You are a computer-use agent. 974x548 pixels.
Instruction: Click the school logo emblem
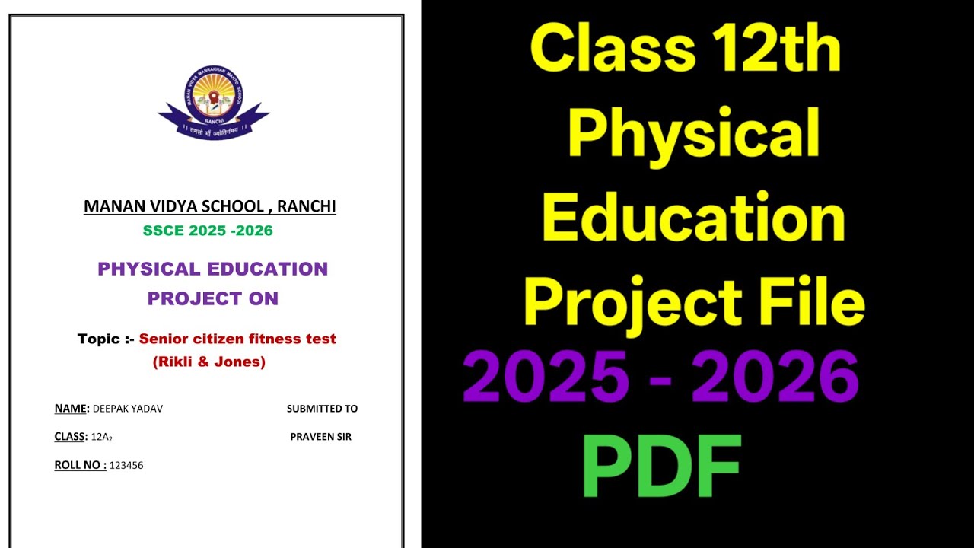[x=213, y=103]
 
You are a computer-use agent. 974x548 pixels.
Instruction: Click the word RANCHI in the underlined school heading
[x=306, y=206]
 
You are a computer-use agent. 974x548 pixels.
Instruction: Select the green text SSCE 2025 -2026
[x=208, y=231]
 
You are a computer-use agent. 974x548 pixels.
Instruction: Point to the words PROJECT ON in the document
[x=213, y=298]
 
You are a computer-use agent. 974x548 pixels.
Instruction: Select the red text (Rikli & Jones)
[x=209, y=362]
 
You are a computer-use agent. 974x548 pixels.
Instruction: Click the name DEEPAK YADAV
[x=128, y=409]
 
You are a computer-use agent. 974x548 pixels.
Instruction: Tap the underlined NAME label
[x=72, y=409]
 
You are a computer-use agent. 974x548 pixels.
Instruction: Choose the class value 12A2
[x=102, y=437]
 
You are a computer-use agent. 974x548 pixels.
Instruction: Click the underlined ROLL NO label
[x=80, y=465]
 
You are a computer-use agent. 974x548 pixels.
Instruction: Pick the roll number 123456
[x=126, y=465]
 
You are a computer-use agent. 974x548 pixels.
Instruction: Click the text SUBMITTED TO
[x=322, y=409]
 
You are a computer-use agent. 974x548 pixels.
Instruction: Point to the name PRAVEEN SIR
[x=320, y=437]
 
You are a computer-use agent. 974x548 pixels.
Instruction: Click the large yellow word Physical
[x=693, y=132]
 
